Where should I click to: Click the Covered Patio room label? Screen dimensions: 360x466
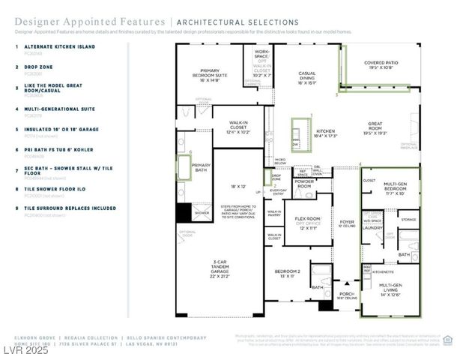click(x=381, y=65)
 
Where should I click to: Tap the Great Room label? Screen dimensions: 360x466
click(x=375, y=127)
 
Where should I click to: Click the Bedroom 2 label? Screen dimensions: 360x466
click(x=287, y=273)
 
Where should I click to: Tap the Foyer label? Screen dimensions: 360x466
click(x=346, y=223)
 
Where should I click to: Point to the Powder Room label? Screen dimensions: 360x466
click(x=303, y=182)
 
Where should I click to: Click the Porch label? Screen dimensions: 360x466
click(x=346, y=295)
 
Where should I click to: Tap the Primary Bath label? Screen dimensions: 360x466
click(x=201, y=166)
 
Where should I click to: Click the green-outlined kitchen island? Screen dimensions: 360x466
click(x=295, y=135)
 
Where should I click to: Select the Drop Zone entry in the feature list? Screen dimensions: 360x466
click(x=40, y=66)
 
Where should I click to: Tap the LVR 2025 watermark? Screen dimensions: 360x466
click(x=25, y=350)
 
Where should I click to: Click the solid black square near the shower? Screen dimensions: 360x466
click(x=184, y=212)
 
